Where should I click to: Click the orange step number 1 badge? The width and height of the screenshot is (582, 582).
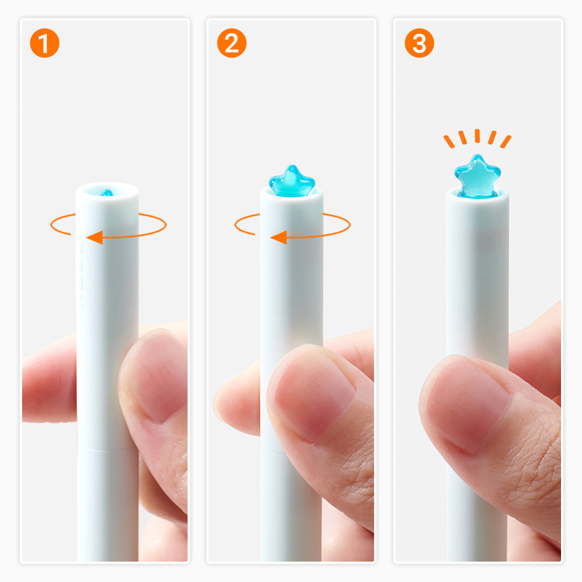(x=45, y=43)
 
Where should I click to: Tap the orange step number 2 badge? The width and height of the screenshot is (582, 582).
(x=232, y=43)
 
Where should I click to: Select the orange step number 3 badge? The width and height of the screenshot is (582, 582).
(x=419, y=43)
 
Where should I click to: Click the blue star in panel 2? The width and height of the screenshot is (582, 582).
(x=292, y=181)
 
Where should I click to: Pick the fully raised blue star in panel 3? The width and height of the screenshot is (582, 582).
(x=477, y=175)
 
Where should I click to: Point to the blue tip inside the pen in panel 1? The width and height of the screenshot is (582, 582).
(x=107, y=193)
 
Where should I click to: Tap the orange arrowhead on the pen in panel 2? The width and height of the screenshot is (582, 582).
(x=279, y=237)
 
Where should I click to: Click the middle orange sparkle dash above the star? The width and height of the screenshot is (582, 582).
(x=477, y=136)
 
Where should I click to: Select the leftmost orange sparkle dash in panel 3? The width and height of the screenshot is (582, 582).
(x=449, y=141)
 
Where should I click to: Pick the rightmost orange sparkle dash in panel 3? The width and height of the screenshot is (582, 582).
(x=506, y=141)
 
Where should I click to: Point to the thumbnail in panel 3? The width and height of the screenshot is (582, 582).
(x=469, y=404)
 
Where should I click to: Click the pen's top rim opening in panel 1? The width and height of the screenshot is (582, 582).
(x=107, y=190)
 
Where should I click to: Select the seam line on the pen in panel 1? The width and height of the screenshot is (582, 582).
(x=108, y=449)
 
